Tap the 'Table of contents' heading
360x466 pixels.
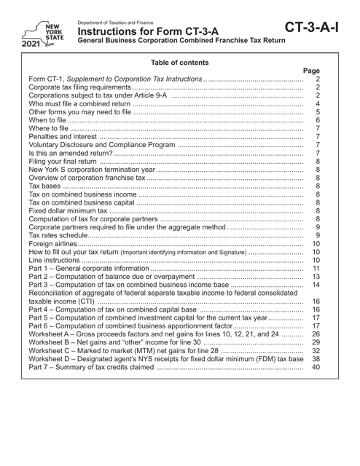coord(179,63)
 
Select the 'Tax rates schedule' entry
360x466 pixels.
coord(63,252)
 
